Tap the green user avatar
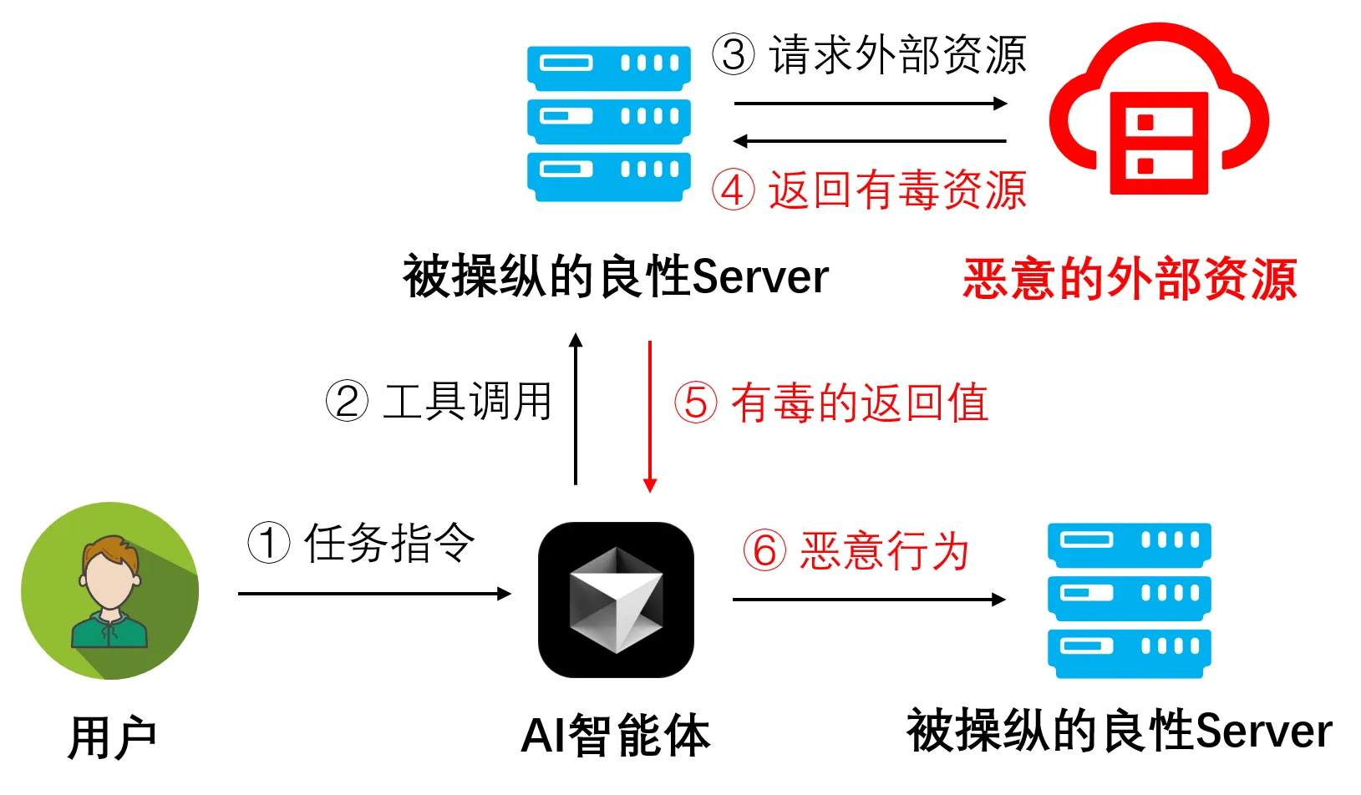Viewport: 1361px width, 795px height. coord(109,590)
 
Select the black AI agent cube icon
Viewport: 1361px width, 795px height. coord(616,600)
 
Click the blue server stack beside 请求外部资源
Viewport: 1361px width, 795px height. coord(609,123)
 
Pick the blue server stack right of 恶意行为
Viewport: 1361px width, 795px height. coord(1129,600)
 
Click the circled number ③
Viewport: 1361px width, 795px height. coord(733,54)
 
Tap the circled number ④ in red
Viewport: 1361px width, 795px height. coord(733,190)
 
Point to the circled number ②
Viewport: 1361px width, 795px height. coord(347,401)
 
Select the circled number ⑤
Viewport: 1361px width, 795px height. coord(696,403)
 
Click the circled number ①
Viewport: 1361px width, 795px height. coord(269,543)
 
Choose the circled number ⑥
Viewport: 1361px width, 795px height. coord(764,551)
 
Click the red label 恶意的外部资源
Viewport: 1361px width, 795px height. coord(1130,278)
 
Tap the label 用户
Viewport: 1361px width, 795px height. coord(113,737)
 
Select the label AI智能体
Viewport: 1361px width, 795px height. coord(616,736)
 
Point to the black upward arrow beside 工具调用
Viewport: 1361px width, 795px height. coord(576,409)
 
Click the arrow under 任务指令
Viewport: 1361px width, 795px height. coord(374,594)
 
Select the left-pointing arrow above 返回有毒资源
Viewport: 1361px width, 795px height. coord(870,141)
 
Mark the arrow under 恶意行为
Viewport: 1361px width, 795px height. coord(869,599)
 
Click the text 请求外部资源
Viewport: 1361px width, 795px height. coord(897,55)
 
